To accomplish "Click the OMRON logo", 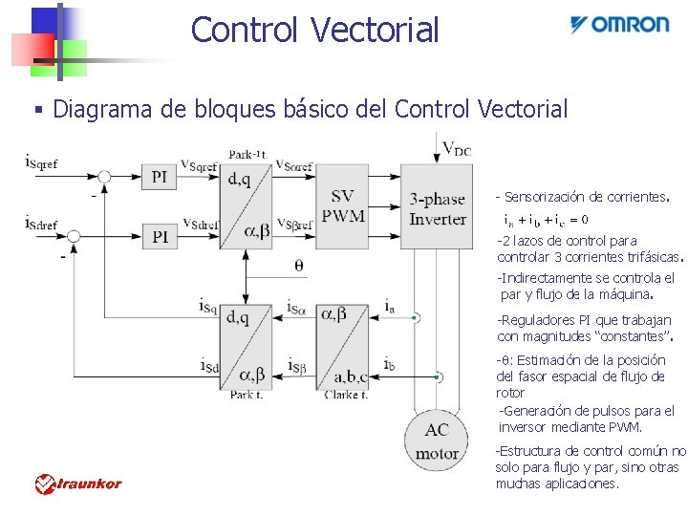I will coord(619,25).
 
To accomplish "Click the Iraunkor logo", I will coord(78,484).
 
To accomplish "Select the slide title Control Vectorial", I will coord(314,30).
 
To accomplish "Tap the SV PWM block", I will coord(342,205).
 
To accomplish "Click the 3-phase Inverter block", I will coord(437,207).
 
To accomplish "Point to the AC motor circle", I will coord(437,441).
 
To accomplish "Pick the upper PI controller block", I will coord(160,176).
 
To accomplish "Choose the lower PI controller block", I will coord(160,235).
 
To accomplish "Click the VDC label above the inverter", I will coord(457,149).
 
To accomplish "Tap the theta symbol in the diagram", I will coord(299,267).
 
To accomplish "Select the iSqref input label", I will coord(41,162).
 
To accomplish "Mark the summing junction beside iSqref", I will coord(104,176).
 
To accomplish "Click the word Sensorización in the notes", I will coord(544,197).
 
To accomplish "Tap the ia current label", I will coord(389,305).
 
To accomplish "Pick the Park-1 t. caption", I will coord(247,155).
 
